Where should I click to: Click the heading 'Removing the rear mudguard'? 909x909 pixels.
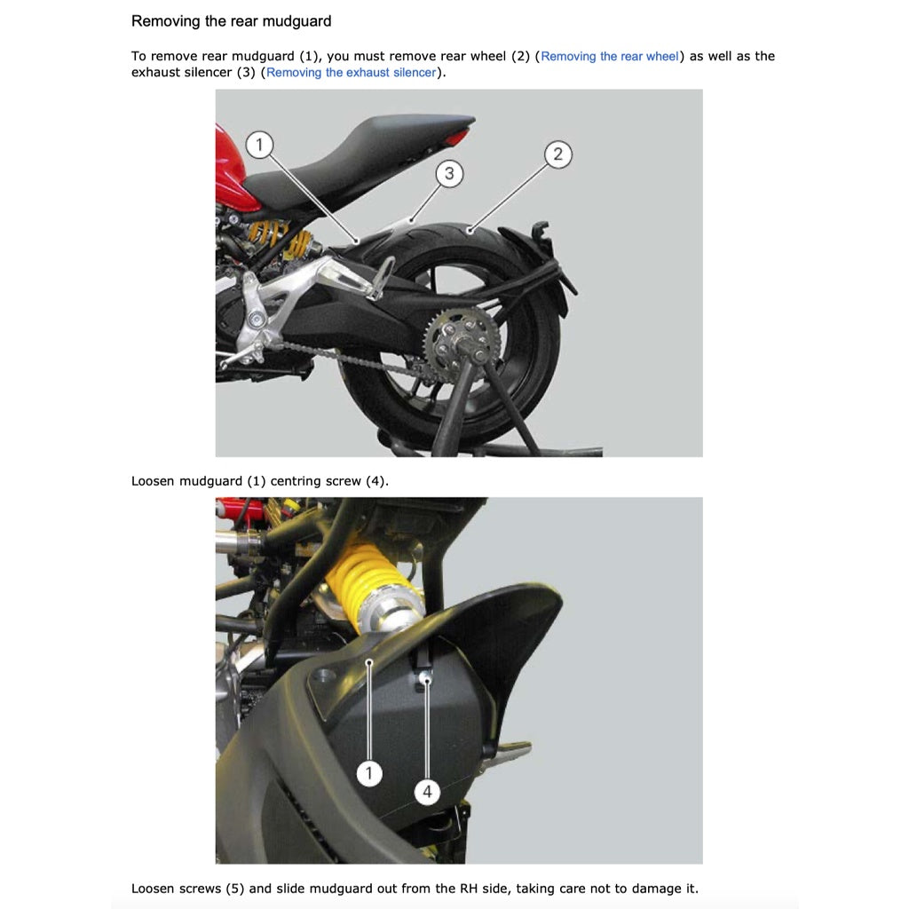pos(231,20)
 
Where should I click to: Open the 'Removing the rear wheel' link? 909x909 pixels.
pos(609,56)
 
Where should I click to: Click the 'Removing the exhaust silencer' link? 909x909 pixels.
pos(351,73)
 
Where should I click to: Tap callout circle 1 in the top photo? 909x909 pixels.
pos(259,145)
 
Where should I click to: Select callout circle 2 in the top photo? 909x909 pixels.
pos(557,154)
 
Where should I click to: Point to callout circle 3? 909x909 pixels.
pos(449,173)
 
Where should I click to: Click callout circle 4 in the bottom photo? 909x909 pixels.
pos(428,791)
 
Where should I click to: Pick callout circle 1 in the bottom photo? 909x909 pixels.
pos(369,774)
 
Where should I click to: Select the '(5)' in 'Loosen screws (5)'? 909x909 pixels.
pos(233,889)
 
